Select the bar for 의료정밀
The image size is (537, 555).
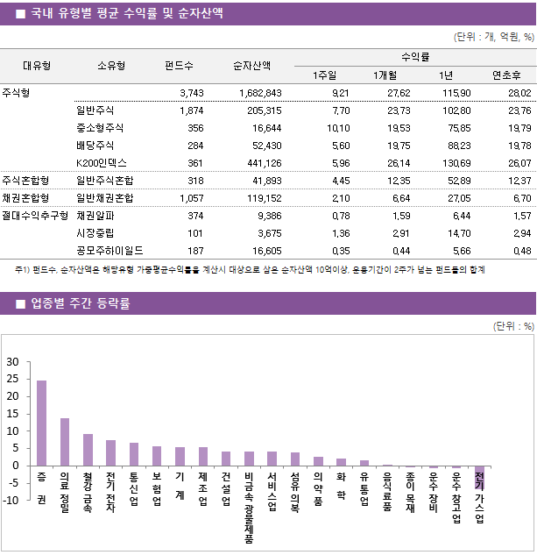(65, 442)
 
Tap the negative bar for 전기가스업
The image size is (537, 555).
(479, 478)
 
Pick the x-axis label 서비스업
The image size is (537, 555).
(272, 493)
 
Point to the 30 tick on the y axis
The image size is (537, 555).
(12, 362)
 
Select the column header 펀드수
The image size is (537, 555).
(179, 65)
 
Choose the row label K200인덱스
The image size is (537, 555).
(102, 162)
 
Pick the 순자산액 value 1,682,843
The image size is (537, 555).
(258, 92)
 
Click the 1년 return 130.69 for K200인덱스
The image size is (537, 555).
(456, 162)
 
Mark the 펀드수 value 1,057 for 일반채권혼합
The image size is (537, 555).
(191, 197)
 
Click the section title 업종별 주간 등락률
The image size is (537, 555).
(81, 304)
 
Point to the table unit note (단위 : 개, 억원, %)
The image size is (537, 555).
(493, 37)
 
